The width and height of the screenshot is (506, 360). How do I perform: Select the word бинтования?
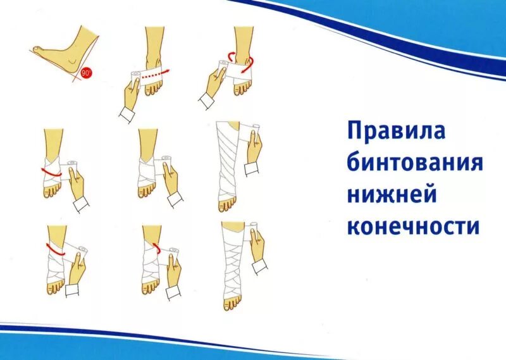coord(414,164)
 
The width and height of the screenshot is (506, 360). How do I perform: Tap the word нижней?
coord(392,195)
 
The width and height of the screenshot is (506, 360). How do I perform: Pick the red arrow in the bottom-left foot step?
coord(53,248)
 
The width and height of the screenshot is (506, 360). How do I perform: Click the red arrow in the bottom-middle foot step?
coord(155,244)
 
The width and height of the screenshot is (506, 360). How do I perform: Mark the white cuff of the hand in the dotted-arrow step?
coord(126,115)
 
